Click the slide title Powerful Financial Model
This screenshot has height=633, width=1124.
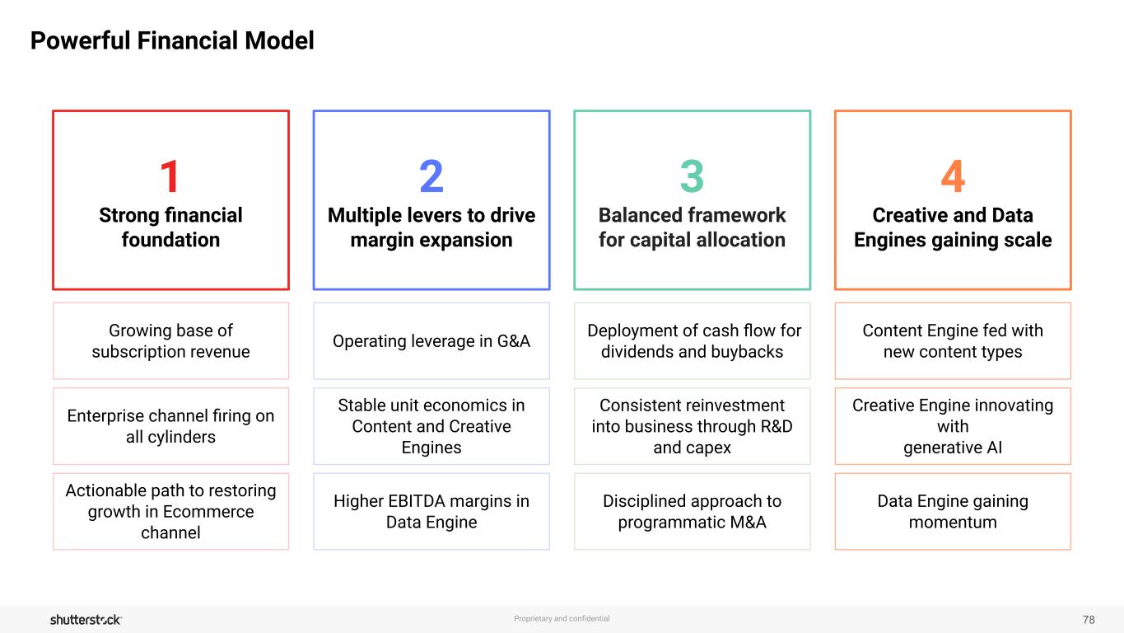click(x=172, y=40)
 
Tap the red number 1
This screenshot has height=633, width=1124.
click(x=170, y=176)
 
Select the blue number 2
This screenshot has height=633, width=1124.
click(x=431, y=176)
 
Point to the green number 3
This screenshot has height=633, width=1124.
click(x=692, y=176)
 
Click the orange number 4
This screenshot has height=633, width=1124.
click(x=953, y=176)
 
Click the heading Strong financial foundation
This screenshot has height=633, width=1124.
click(x=170, y=227)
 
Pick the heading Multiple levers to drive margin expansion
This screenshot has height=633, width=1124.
click(x=431, y=227)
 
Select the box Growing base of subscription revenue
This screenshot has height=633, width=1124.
click(x=170, y=341)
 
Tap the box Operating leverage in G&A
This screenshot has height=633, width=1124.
click(x=431, y=341)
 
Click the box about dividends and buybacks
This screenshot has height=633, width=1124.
click(x=692, y=341)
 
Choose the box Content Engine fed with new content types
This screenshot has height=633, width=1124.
click(x=953, y=341)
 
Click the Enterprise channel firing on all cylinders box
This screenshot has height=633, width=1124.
click(x=170, y=426)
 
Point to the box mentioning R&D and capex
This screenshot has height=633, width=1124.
click(x=692, y=426)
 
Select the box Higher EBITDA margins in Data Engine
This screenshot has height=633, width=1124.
click(x=431, y=511)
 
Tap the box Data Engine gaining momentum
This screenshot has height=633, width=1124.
click(x=953, y=511)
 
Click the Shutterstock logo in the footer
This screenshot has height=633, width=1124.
click(x=86, y=619)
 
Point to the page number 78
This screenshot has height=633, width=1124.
click(x=1089, y=619)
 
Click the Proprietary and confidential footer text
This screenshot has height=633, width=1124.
click(x=562, y=618)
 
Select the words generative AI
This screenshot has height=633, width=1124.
click(x=953, y=448)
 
